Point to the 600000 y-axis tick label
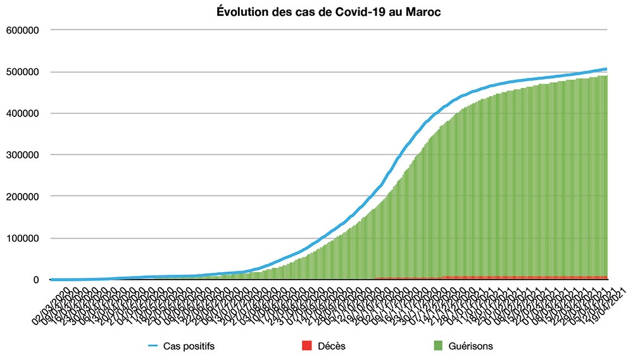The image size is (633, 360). [x=23, y=30]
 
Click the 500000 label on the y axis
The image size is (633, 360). [x=23, y=71]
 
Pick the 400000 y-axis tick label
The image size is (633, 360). [x=23, y=113]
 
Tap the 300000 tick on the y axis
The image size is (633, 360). [x=23, y=154]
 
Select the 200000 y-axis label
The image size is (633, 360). [x=23, y=196]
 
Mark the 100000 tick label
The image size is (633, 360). [x=23, y=238]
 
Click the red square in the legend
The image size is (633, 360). [x=308, y=346]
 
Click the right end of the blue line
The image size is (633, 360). [x=606, y=68]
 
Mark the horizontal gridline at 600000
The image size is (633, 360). [x=329, y=30]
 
